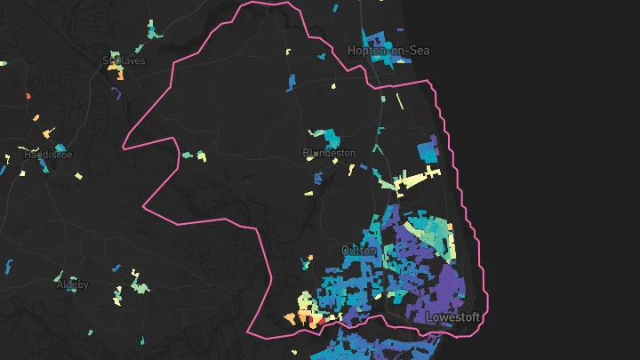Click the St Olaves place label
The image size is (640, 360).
pos(124,61)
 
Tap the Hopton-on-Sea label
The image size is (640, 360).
pos(388,51)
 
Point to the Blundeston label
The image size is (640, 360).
pos(329,153)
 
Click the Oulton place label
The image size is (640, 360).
pos(360,251)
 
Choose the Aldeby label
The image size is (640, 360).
pos(73,285)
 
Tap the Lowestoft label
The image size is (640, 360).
pos(452,317)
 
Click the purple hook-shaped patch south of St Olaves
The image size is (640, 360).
pos(116,92)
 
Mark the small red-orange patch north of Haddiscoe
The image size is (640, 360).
pos(28,95)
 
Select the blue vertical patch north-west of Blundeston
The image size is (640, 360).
pos(292,82)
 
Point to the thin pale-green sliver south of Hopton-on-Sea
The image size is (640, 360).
pos(399,101)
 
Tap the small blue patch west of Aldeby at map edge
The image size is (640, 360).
pos(9,266)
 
